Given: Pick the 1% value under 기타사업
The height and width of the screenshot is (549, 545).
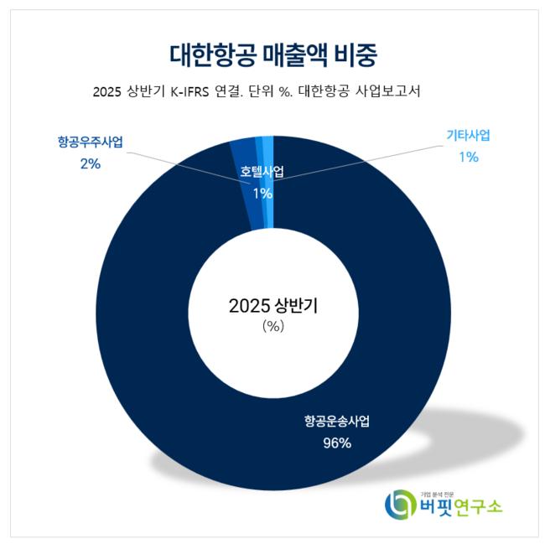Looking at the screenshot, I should pyautogui.click(x=468, y=156).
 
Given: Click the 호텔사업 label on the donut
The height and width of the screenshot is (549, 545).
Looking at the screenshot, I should pyautogui.click(x=262, y=172).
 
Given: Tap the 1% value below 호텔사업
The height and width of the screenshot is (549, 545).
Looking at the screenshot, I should pyautogui.click(x=262, y=193).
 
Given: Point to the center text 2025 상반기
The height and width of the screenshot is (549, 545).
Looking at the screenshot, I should pyautogui.click(x=273, y=306).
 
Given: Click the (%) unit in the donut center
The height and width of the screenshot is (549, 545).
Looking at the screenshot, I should pyautogui.click(x=273, y=327).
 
